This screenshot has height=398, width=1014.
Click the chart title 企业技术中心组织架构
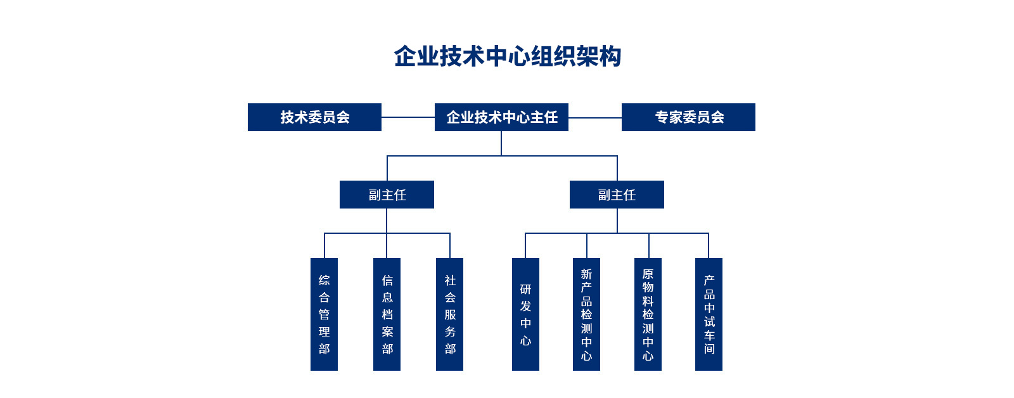point(507,56)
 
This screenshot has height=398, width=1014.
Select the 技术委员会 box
point(314,117)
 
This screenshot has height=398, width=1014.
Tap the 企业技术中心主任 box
point(501,117)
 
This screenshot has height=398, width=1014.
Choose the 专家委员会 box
point(688,117)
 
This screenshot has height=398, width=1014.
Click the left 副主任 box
point(387,195)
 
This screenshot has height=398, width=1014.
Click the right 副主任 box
point(617,195)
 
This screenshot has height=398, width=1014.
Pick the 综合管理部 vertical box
point(324,314)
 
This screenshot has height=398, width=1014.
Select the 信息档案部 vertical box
point(387,314)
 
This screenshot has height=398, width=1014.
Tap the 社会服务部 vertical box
point(449,314)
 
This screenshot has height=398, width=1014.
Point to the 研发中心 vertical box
point(525,314)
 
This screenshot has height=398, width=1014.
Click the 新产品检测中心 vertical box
point(586,314)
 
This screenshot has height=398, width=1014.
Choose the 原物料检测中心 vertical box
point(648,314)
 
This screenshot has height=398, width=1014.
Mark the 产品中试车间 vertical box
point(709,314)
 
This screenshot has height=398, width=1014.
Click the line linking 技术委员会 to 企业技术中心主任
point(408,117)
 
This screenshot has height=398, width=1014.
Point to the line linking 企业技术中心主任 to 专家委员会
point(595,117)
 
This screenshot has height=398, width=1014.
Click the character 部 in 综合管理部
point(324,349)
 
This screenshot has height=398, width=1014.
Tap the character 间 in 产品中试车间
point(709,349)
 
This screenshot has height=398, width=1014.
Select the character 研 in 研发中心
point(525,290)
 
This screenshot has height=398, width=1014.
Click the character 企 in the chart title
point(406,56)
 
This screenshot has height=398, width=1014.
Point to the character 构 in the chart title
point(610,56)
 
